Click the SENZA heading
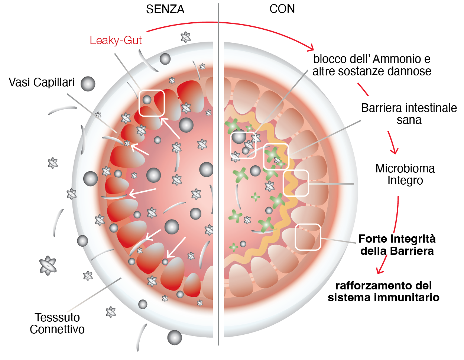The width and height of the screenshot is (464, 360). [165, 9]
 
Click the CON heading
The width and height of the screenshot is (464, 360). [282, 9]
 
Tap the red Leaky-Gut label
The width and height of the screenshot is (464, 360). [116, 40]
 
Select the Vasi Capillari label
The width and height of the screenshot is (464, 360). [42, 82]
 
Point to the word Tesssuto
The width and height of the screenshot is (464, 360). [57, 317]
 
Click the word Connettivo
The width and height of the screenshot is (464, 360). [57, 329]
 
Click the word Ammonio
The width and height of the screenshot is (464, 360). [395, 59]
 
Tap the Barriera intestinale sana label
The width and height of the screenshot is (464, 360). [409, 114]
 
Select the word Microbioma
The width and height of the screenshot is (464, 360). [405, 168]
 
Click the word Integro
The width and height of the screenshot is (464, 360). [405, 181]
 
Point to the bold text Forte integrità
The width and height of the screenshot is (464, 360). [397, 239]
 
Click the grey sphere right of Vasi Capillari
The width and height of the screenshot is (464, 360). [88, 84]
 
